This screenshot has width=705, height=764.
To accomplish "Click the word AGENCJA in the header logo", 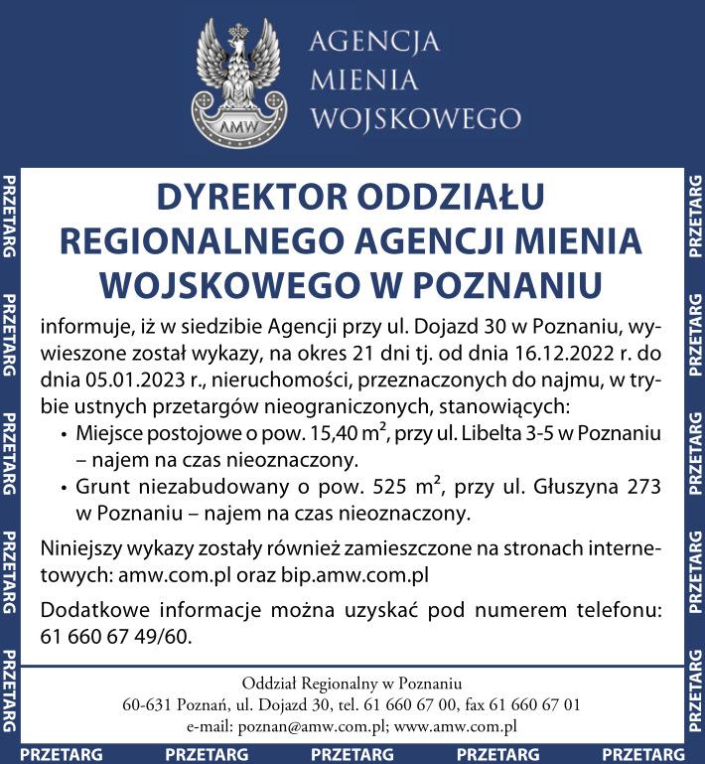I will click(374, 43).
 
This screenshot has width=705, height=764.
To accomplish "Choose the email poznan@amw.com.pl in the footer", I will click(306, 726).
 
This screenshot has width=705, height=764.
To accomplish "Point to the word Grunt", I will click(102, 488).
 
